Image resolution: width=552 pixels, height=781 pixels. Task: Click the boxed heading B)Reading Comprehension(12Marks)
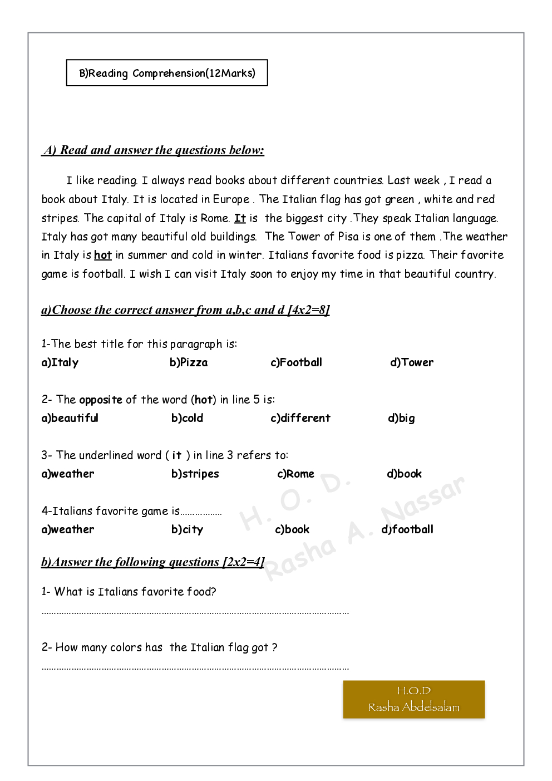pyautogui.click(x=167, y=73)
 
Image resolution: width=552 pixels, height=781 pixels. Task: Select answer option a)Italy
pyautogui.click(x=60, y=362)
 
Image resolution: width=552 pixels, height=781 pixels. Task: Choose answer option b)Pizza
pyautogui.click(x=189, y=362)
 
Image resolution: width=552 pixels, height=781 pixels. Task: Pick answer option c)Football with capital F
pyautogui.click(x=296, y=362)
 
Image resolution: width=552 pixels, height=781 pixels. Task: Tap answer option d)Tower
pyautogui.click(x=412, y=362)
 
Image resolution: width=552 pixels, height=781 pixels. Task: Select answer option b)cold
pyautogui.click(x=187, y=418)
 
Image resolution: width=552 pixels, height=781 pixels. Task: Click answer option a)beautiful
pyautogui.click(x=70, y=418)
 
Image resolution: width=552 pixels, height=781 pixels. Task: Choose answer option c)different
pyautogui.click(x=300, y=418)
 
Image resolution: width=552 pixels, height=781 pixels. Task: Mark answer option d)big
pyautogui.click(x=401, y=418)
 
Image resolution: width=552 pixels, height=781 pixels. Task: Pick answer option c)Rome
pyautogui.click(x=295, y=474)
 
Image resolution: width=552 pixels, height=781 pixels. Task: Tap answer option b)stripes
pyautogui.click(x=195, y=474)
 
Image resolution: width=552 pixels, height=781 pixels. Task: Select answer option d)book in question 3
pyautogui.click(x=404, y=474)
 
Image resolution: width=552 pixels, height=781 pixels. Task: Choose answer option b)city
pyautogui.click(x=187, y=529)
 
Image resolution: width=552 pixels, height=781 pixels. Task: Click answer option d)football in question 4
pyautogui.click(x=407, y=529)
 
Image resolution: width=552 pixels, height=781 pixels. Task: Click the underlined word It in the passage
pyautogui.click(x=240, y=218)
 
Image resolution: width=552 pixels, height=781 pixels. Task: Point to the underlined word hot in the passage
pyautogui.click(x=103, y=255)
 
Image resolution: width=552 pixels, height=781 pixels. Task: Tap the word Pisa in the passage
pyautogui.click(x=348, y=237)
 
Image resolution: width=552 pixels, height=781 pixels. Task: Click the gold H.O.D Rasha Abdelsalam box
pyautogui.click(x=414, y=699)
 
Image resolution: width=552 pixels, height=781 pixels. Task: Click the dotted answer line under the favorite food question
pyautogui.click(x=195, y=612)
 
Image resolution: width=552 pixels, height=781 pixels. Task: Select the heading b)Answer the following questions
pyautogui.click(x=152, y=562)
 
